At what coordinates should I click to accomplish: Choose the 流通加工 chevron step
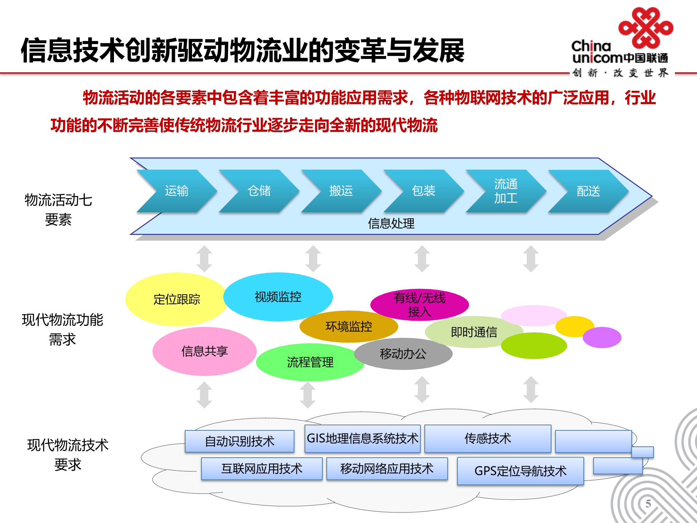[x=506, y=191]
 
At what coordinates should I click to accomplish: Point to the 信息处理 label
[x=391, y=223]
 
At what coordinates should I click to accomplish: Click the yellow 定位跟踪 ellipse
[x=176, y=299]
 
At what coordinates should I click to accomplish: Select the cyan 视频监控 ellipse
[x=278, y=297]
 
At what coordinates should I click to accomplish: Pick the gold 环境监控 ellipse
[x=348, y=327]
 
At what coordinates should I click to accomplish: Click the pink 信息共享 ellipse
[x=204, y=351]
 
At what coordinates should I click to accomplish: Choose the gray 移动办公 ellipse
[x=403, y=354]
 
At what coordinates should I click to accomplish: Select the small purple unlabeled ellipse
[x=602, y=337]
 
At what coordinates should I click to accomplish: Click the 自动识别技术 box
[x=239, y=441]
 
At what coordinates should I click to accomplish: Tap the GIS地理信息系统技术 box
[x=362, y=438]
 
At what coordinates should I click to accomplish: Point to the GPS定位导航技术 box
[x=520, y=471]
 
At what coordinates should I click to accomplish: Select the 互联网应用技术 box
[x=262, y=469]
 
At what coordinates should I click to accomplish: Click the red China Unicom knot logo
[x=646, y=28]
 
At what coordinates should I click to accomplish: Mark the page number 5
[x=648, y=504]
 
